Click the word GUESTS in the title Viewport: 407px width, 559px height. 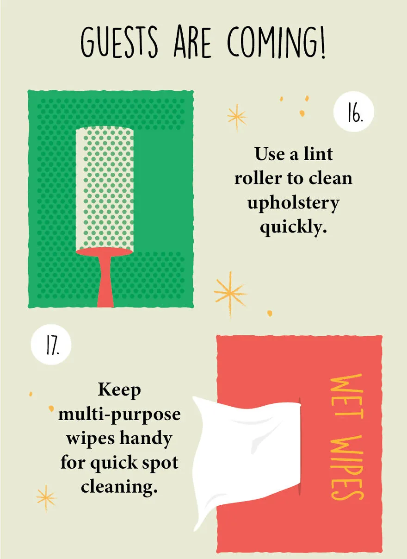pos(119,42)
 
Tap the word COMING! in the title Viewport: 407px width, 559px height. pos(277,42)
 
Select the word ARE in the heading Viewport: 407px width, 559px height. pos(192,42)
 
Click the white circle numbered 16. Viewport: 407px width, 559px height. pos(354,112)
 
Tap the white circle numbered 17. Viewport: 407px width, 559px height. pos(51,345)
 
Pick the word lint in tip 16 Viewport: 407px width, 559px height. pos(318,154)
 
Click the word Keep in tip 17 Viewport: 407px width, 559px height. pos(119,390)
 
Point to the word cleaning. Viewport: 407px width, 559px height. pos(119,486)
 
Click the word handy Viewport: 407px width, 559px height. pos(146,439)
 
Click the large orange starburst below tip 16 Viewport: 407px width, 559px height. pos(230,294)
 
